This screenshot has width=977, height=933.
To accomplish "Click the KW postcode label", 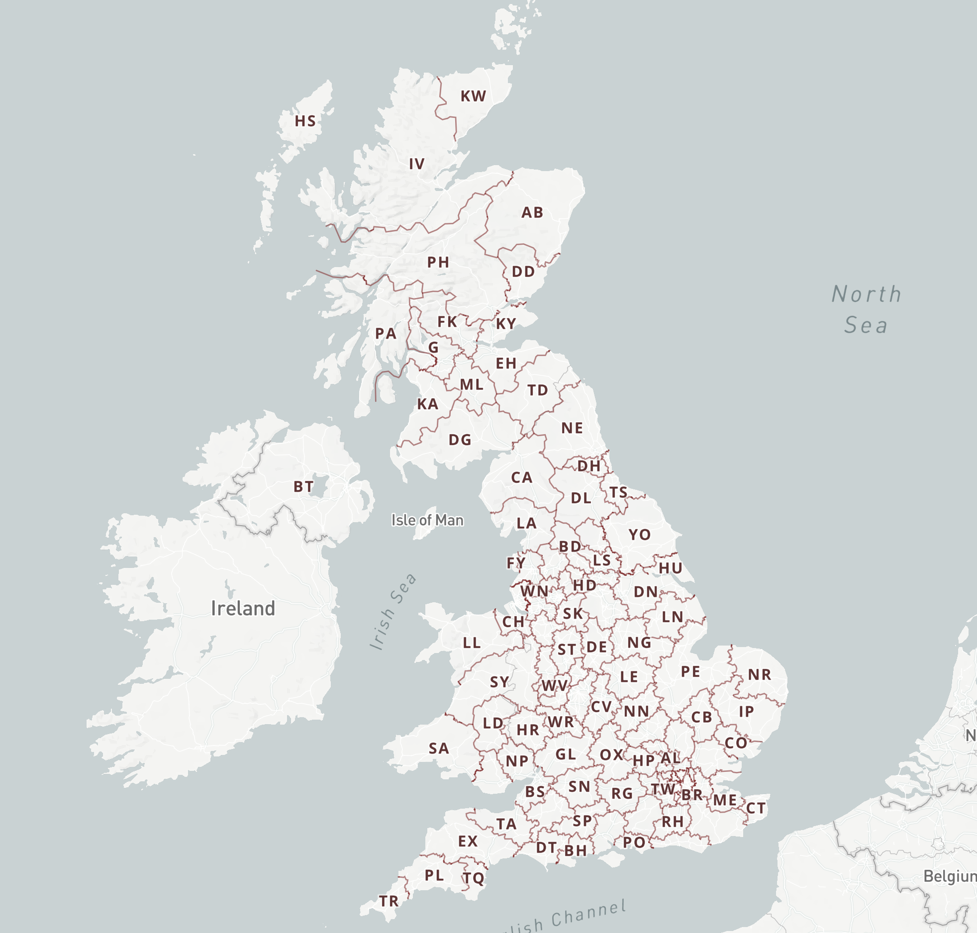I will (473, 96).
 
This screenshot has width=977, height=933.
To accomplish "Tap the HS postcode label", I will (305, 121).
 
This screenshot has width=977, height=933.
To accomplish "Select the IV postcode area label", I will (417, 164).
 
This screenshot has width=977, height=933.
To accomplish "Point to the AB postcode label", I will (532, 212).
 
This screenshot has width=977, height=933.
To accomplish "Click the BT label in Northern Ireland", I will (303, 486).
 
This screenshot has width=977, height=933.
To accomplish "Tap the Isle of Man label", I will (427, 520).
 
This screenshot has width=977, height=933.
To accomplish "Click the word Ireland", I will (243, 608).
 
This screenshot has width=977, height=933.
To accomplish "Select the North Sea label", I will (866, 309).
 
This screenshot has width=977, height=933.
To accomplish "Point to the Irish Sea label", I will (393, 611).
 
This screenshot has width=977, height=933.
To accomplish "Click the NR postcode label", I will (760, 674).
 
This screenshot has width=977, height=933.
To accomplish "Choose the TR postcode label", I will (389, 901).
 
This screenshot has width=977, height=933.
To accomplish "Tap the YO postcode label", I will (639, 535).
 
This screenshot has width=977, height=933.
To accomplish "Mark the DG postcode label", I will (460, 440).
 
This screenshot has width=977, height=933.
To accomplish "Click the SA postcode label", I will (439, 748).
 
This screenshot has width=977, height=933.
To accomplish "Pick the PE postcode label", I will (690, 672).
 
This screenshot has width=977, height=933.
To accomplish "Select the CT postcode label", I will (756, 809).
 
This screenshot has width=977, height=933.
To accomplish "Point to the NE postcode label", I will (572, 428).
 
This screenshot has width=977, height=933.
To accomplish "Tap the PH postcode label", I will (438, 262).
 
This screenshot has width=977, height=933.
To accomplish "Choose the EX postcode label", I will (468, 841).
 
